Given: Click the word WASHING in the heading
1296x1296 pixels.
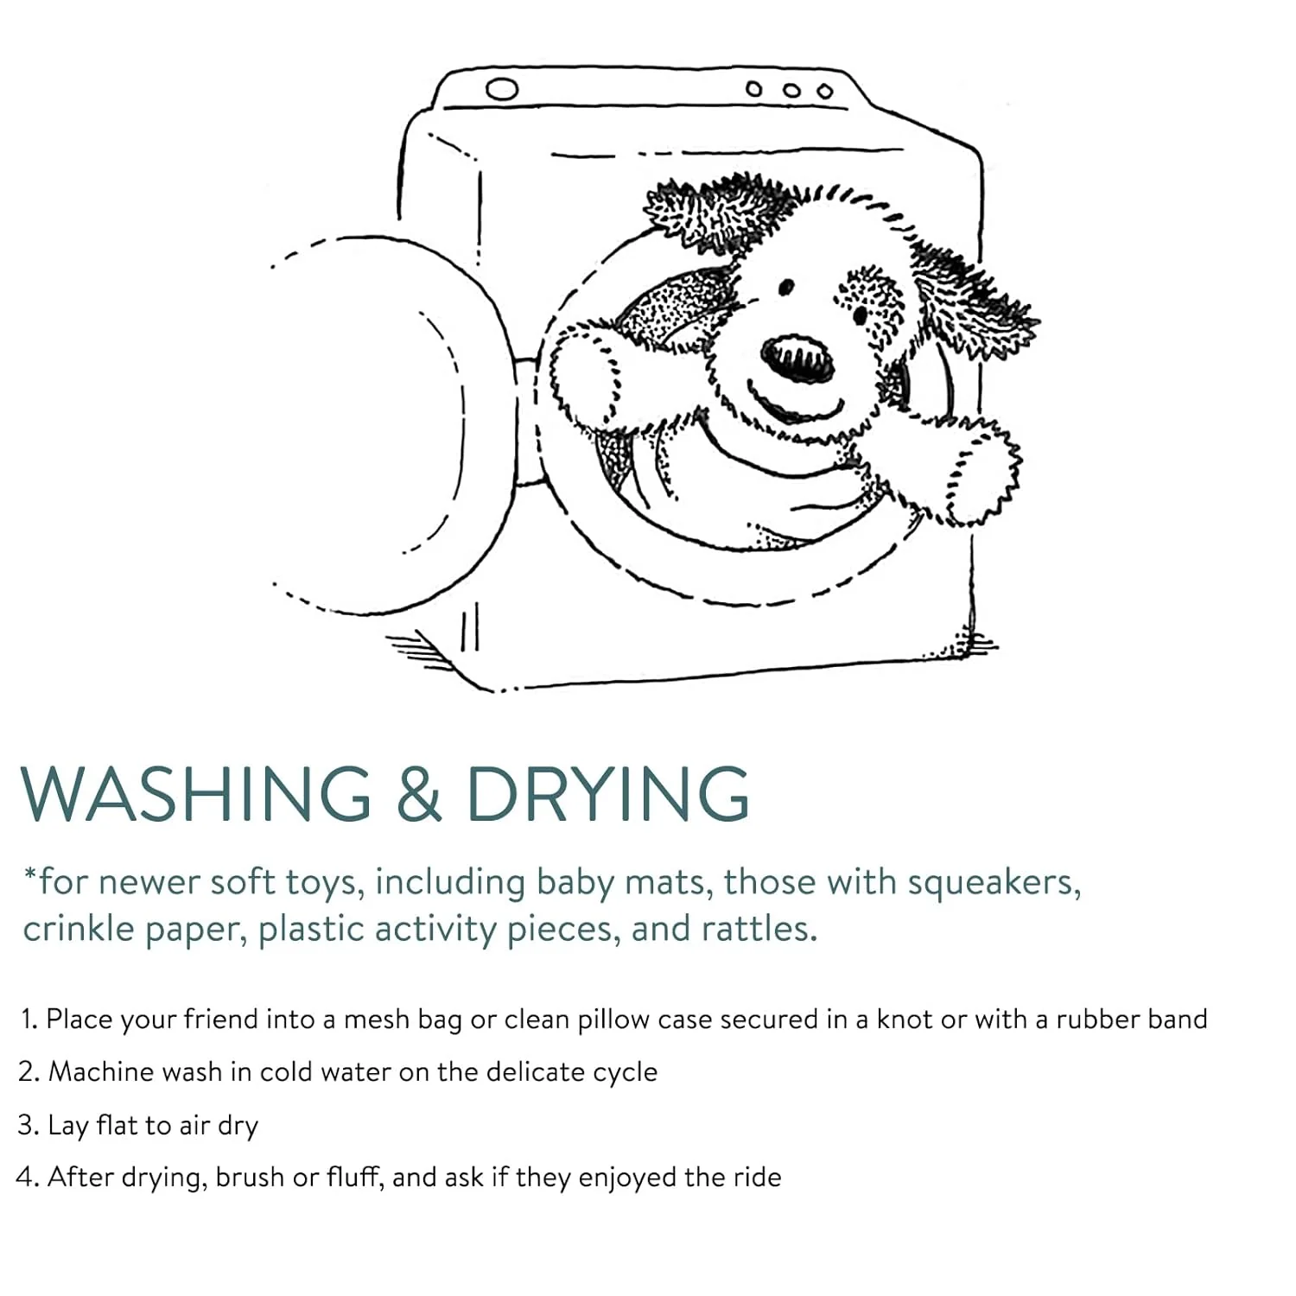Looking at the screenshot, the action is click(x=196, y=793).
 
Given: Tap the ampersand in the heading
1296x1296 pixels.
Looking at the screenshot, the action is click(x=419, y=793).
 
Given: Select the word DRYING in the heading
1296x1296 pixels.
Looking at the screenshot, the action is click(x=608, y=793).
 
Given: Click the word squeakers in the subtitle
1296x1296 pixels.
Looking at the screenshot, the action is click(x=994, y=883).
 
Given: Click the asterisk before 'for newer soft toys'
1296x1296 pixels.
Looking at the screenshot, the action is click(x=30, y=874).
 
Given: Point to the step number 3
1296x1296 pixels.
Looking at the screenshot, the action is click(x=26, y=1126).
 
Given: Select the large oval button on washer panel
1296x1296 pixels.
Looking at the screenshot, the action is click(x=502, y=89).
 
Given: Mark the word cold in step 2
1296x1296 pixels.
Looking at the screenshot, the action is click(x=286, y=1072).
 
